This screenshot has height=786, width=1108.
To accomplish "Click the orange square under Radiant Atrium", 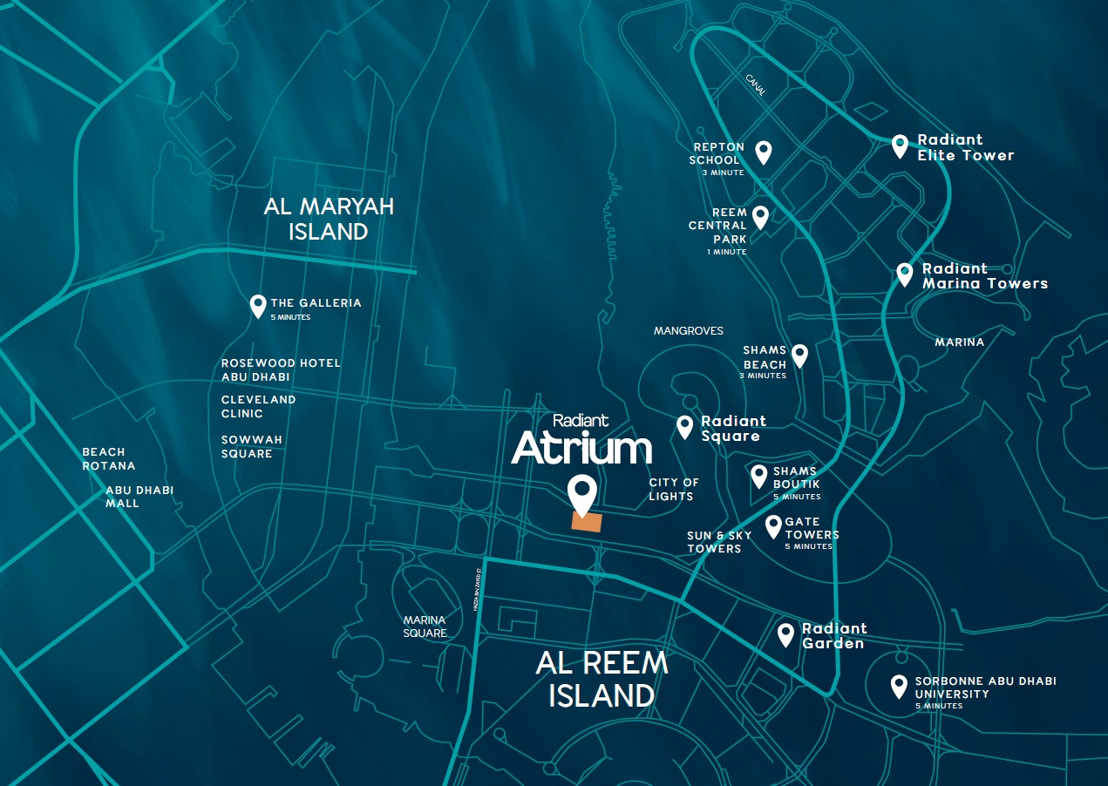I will click(x=586, y=521).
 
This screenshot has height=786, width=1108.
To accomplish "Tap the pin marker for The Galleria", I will click(x=257, y=305).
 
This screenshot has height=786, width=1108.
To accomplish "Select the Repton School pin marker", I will click(x=764, y=152).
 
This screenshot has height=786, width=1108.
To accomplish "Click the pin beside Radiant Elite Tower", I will click(x=901, y=145).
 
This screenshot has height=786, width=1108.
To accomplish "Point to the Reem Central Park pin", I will click(x=760, y=216).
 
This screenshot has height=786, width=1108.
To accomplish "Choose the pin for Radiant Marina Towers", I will click(x=905, y=274).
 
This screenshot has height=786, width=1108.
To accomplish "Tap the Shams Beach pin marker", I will click(x=799, y=355).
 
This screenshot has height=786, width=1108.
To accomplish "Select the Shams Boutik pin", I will click(x=759, y=476).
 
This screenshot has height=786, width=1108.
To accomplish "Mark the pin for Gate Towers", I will click(x=773, y=525).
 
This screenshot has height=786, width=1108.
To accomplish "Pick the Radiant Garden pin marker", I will click(x=786, y=634).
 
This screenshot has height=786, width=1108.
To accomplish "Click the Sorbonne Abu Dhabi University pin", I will click(x=899, y=686).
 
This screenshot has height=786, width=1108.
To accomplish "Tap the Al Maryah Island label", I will click(x=329, y=219).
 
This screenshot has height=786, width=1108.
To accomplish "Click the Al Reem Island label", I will click(x=602, y=679).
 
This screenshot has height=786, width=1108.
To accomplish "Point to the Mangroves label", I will click(x=689, y=331).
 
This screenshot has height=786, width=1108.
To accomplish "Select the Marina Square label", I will click(x=425, y=627).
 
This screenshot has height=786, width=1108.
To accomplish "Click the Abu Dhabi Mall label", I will click(x=139, y=497).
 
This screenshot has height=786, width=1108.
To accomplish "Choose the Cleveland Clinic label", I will click(x=258, y=406).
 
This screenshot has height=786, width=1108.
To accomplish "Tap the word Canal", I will click(x=756, y=85).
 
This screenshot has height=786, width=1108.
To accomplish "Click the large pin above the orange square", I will click(x=581, y=493).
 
